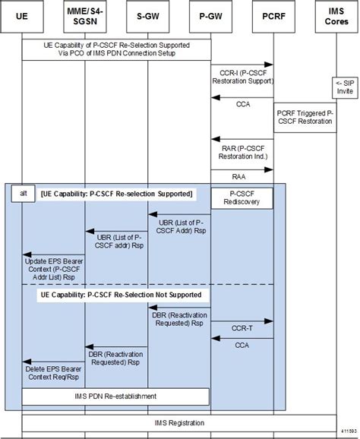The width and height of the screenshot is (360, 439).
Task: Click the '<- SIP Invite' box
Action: [343, 87]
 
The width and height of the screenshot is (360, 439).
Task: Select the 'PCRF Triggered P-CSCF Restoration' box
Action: [305, 116]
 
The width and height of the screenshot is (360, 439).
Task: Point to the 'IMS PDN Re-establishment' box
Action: [115, 396]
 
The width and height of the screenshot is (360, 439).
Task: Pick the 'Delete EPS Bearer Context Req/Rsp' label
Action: [53, 372]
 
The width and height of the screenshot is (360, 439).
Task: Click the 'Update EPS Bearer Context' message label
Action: [53, 267]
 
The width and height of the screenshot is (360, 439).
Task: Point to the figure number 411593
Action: [349, 434]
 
